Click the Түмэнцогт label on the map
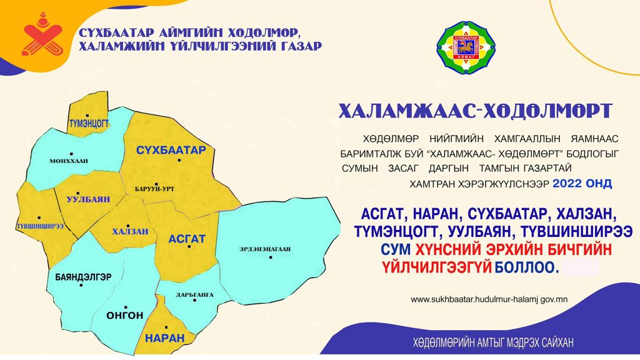click(x=89, y=123)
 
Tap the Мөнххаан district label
click(x=69, y=161)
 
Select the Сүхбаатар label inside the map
click(x=171, y=150)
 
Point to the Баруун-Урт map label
click(x=155, y=189)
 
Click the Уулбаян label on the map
click(x=88, y=199)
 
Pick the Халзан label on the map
click(x=130, y=231)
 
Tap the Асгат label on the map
click(x=187, y=239)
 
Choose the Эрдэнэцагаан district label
click(x=265, y=249)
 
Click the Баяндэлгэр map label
click(x=83, y=277)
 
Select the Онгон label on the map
click(x=125, y=315)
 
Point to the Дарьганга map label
click(x=195, y=295)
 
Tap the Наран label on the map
click(x=165, y=338)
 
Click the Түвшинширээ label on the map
click(x=40, y=226)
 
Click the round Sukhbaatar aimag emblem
click(x=466, y=47)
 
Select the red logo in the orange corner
click(x=42, y=36)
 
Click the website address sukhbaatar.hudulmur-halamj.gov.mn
click(x=489, y=299)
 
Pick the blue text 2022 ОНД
click(x=582, y=183)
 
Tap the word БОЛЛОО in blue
click(x=526, y=267)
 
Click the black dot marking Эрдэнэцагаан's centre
click(x=271, y=257)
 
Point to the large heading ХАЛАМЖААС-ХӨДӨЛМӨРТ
click(x=476, y=111)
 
